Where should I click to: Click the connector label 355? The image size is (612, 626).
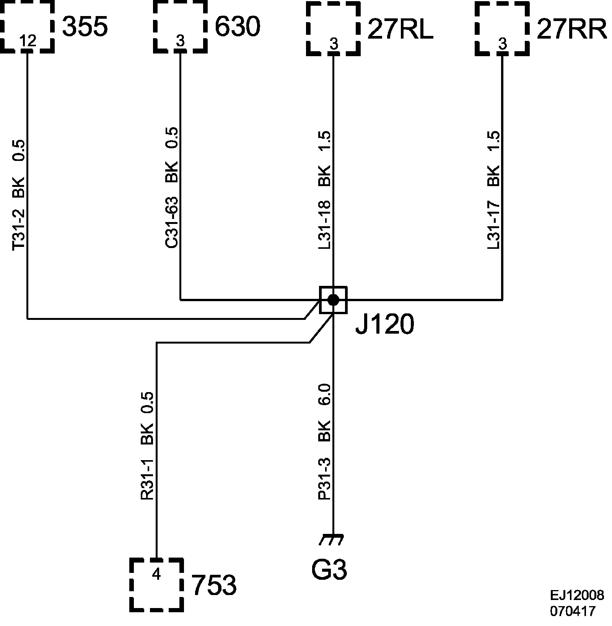[x=85, y=27]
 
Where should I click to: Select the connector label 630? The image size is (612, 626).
[x=237, y=27]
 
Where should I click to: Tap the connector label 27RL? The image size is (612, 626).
[x=400, y=30]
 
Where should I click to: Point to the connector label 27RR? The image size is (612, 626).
[x=571, y=30]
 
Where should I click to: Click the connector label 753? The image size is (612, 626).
[x=214, y=585]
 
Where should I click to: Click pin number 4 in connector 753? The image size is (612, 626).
[x=156, y=574]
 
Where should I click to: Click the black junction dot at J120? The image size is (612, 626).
[x=333, y=300]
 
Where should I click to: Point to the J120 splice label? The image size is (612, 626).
[x=385, y=325]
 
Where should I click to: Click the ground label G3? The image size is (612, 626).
[x=329, y=569]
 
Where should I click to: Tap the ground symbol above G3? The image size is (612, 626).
[x=332, y=539]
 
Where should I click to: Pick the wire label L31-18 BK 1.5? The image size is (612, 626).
[x=325, y=190]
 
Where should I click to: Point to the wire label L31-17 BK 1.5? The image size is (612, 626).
[x=494, y=190]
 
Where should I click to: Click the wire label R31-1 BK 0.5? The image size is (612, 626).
[x=148, y=446]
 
